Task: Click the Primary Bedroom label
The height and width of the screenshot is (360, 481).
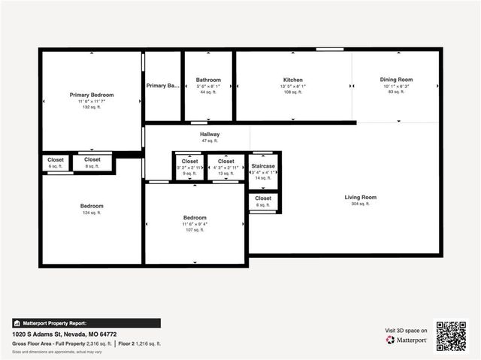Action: coord(92,95)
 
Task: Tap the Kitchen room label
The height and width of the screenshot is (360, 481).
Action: coord(292,80)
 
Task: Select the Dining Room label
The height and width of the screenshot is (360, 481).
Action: coord(396,80)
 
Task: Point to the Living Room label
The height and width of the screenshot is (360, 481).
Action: coord(360,198)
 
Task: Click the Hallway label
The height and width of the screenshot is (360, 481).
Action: coord(209,135)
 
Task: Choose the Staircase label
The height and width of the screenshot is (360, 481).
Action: coord(263,165)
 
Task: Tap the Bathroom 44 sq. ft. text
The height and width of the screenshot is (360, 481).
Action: coord(208,92)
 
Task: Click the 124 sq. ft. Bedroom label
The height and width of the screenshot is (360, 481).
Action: coord(92,206)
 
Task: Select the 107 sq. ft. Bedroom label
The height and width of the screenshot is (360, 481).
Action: coord(195,218)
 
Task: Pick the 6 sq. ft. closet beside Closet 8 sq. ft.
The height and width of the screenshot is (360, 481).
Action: coord(56,159)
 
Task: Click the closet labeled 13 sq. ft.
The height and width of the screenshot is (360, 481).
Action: coord(225,162)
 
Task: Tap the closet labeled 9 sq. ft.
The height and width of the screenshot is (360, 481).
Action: coord(189,162)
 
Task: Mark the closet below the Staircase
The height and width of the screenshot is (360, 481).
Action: coord(263,198)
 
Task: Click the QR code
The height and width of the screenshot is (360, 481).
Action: coord(451,336)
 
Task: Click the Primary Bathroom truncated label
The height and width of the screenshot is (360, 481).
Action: coord(162,86)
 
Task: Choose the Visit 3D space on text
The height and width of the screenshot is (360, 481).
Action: coord(406,330)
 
